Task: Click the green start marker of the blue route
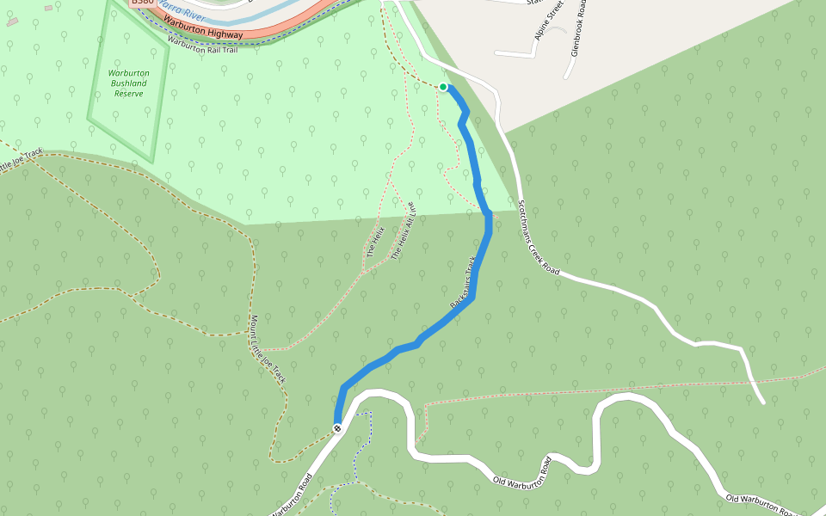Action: (x=443, y=87)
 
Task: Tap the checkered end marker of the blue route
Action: (x=337, y=427)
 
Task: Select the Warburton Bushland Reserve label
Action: (x=128, y=83)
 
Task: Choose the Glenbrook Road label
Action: (x=579, y=26)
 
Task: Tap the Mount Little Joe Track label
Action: (x=267, y=348)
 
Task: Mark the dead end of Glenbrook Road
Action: (x=565, y=77)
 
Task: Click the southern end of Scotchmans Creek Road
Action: (x=762, y=402)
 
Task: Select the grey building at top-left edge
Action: (x=12, y=21)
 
